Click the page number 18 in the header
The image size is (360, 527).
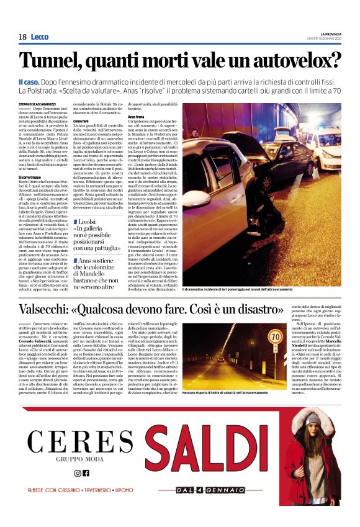[22, 37]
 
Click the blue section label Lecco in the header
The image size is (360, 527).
[39, 37]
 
